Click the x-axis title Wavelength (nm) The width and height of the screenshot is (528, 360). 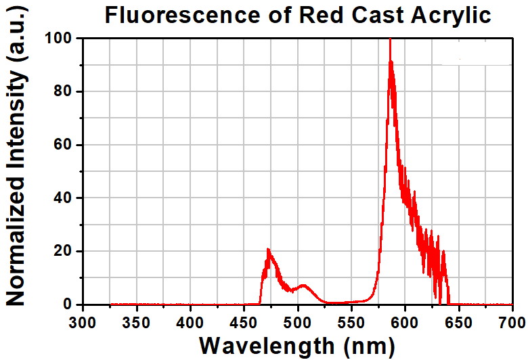[x=296, y=345]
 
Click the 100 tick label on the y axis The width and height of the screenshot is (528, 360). [x=59, y=39]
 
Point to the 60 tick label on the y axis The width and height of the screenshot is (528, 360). [x=63, y=145]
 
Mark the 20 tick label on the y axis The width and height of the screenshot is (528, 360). [x=63, y=251]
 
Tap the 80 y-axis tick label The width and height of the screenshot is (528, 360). [x=63, y=91]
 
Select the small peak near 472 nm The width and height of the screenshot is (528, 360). [x=268, y=250]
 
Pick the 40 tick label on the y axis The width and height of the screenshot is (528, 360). [x=63, y=198]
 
